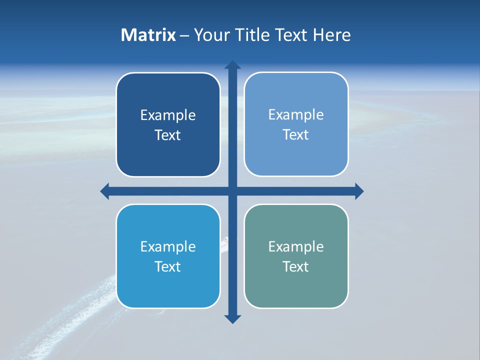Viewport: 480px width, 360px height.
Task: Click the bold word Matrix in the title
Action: pos(148,35)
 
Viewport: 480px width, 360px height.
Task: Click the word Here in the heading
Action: pos(332,35)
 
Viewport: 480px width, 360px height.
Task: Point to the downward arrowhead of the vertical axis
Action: pos(232,318)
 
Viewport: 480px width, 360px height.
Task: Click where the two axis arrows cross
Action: pos(232,191)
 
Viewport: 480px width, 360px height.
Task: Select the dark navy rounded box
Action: pos(168,150)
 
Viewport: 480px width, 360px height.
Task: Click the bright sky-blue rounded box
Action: pos(168,285)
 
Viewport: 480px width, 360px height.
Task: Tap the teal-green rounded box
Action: pos(296,285)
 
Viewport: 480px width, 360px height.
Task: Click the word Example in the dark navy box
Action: pos(168,115)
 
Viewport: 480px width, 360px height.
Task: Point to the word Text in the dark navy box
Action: pos(168,135)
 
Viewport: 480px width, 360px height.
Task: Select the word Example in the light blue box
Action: pos(296,114)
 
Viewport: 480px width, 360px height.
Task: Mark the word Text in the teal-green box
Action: pos(296,266)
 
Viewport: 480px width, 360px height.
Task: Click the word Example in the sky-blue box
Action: pos(168,246)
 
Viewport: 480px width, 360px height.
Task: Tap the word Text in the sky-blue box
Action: pos(168,266)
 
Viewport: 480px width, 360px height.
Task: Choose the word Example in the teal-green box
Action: pos(296,246)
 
